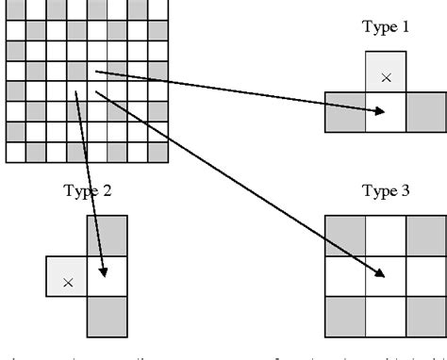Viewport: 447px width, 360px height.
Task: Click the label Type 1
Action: [386, 27]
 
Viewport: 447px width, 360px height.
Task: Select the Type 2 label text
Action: [88, 191]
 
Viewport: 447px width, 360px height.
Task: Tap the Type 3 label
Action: [386, 191]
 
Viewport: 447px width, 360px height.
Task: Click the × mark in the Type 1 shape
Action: [386, 76]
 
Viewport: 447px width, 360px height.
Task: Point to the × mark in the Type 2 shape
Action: [67, 281]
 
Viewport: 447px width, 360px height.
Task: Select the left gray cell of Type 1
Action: [345, 111]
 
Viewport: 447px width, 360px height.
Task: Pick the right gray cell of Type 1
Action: [426, 111]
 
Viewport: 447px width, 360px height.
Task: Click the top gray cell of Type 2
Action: [108, 236]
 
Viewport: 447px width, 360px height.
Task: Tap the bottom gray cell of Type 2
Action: [108, 317]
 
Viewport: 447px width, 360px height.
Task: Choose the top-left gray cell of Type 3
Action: [345, 235]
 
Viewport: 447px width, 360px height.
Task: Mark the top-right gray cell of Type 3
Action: [426, 235]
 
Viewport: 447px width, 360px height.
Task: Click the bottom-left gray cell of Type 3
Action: [345, 316]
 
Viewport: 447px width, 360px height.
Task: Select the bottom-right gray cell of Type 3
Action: [426, 316]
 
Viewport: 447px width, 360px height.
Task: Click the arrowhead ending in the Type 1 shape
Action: [380, 111]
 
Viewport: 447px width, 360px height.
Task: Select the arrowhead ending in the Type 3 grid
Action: [380, 274]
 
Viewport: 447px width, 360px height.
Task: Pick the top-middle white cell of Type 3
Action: [386, 235]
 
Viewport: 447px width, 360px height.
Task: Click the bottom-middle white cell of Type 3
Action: [386, 316]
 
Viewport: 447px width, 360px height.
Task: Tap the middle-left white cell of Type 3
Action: [345, 275]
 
